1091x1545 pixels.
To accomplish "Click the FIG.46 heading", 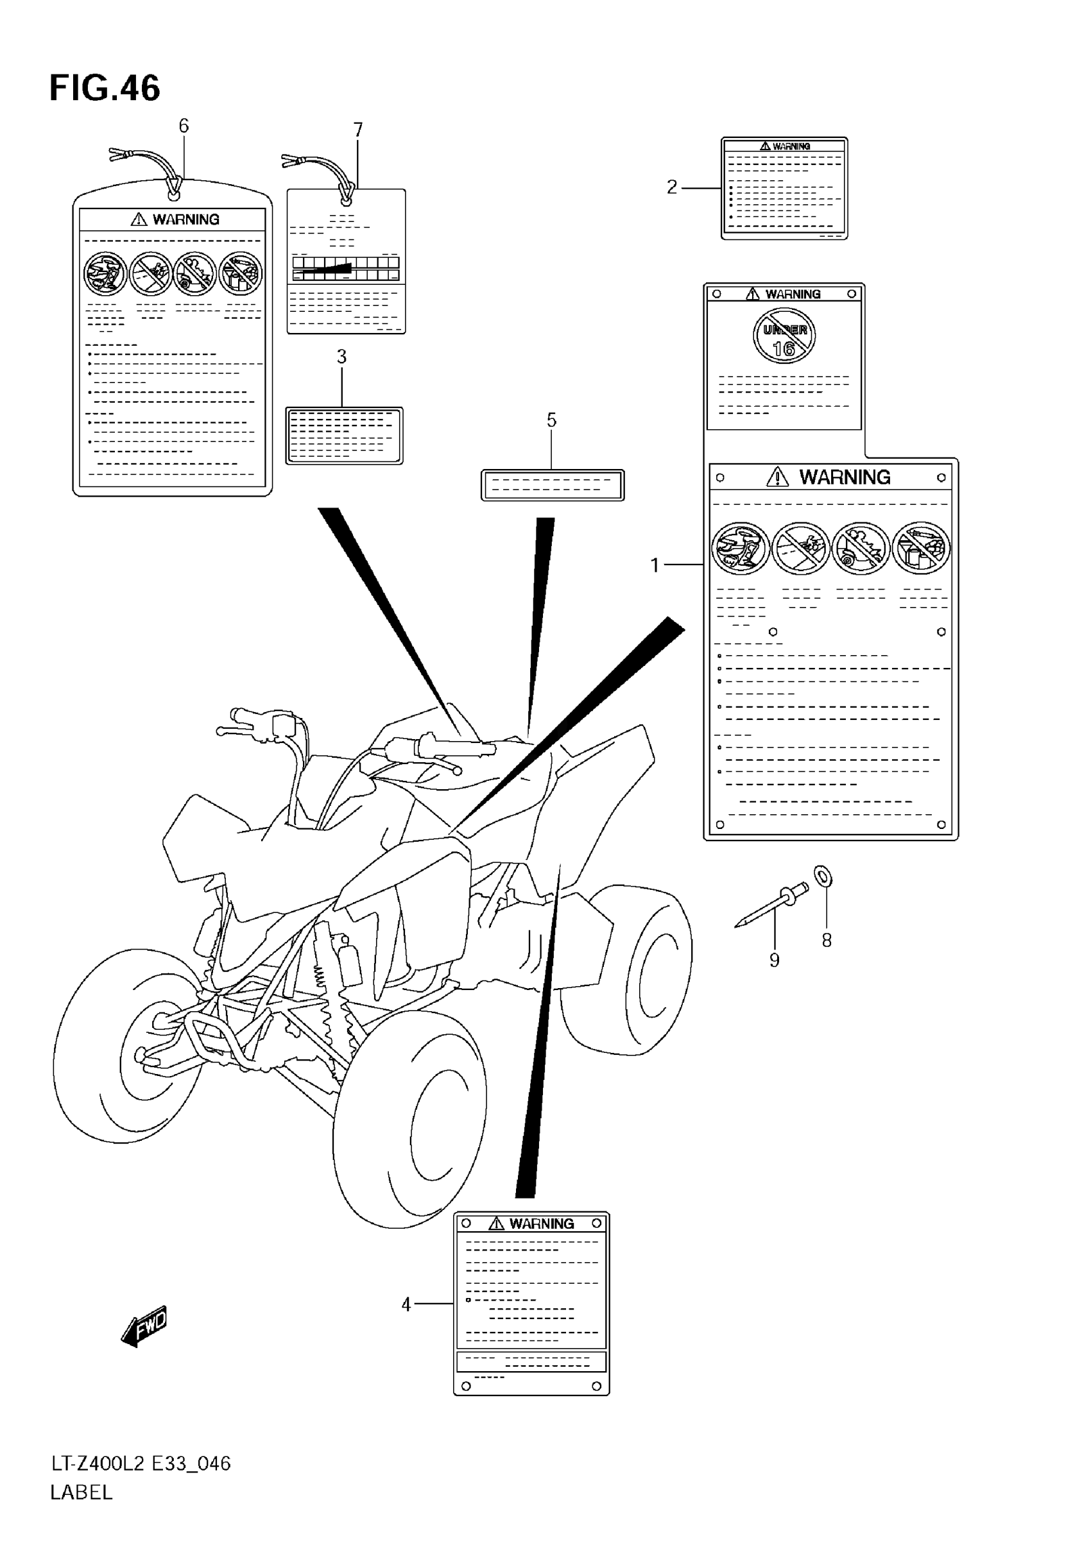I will [105, 88].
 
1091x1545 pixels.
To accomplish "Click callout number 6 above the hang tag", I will [184, 126].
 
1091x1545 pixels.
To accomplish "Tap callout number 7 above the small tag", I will [358, 129].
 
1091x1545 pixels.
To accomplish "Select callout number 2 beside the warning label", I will [672, 187].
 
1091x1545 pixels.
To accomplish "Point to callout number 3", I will [342, 357].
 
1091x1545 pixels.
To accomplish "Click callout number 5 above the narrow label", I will [551, 420].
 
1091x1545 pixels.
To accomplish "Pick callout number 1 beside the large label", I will [655, 565].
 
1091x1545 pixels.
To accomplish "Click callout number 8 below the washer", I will [827, 940].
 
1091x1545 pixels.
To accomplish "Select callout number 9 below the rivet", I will [774, 960].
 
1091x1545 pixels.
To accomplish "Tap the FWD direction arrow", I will [144, 1326].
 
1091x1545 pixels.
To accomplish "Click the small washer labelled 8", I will [823, 877].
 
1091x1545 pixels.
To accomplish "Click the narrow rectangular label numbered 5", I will [553, 485].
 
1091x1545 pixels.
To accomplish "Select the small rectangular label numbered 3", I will [344, 436].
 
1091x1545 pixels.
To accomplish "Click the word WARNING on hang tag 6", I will [185, 219].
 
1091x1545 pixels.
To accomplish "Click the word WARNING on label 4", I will [541, 1224].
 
